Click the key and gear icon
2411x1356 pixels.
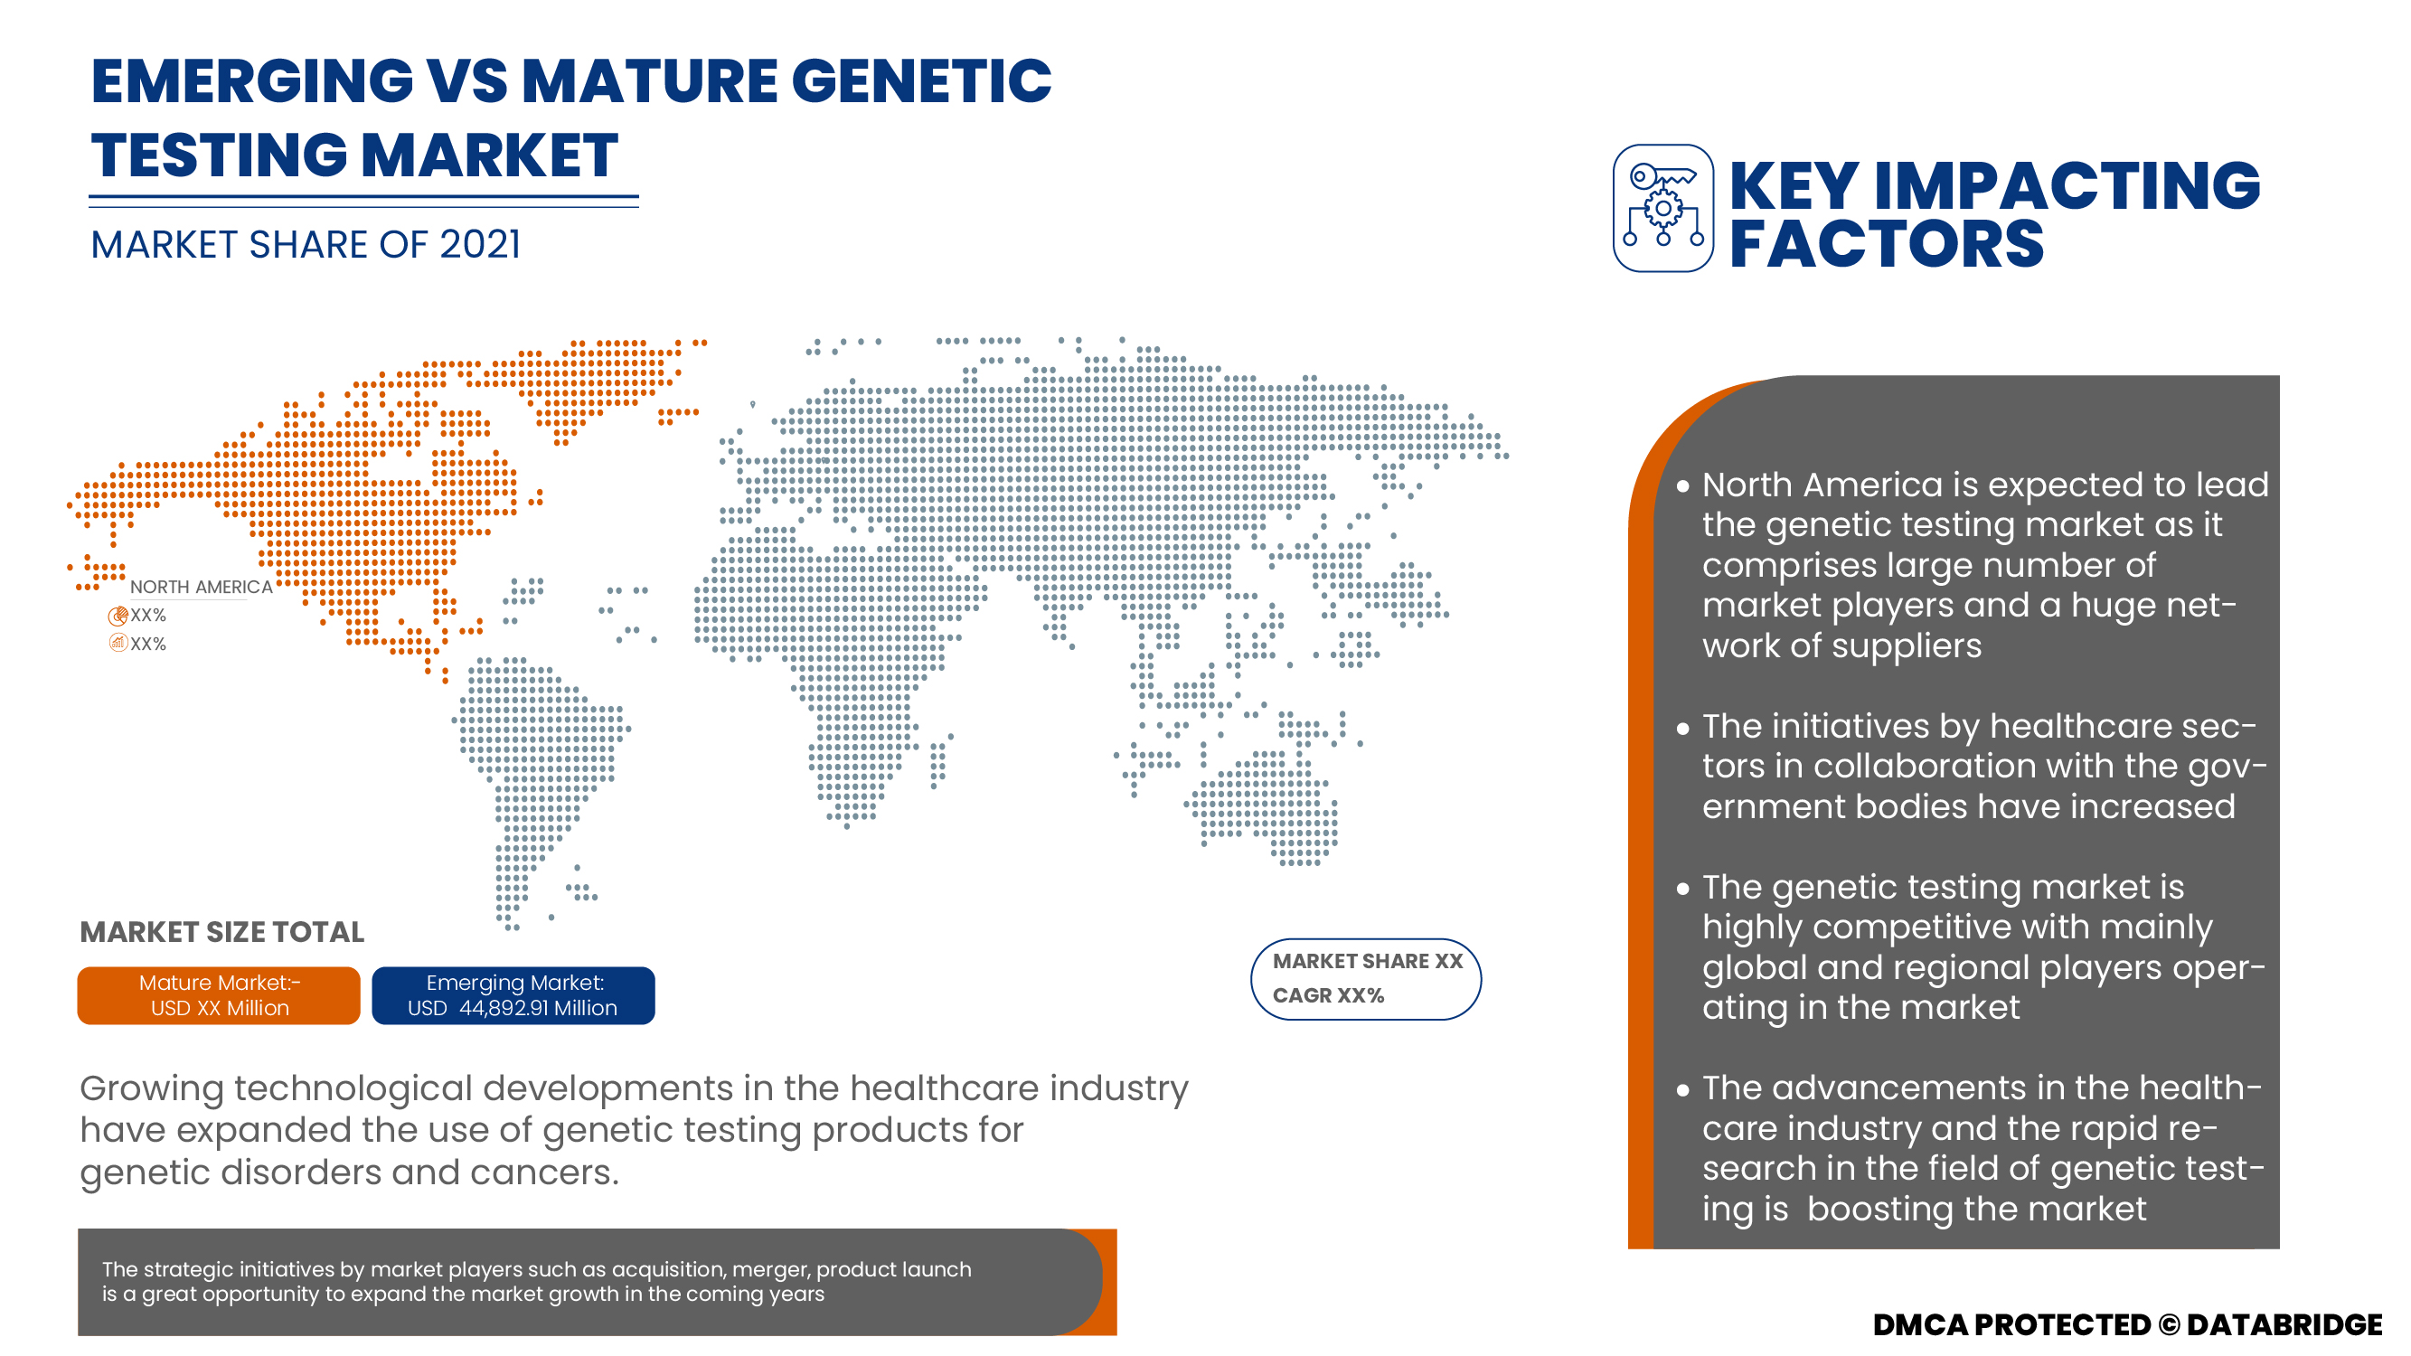(1663, 208)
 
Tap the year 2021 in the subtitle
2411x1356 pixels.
(480, 244)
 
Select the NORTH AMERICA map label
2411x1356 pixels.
(202, 587)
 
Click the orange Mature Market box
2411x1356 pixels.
(219, 994)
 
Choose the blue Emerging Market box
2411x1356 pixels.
(513, 994)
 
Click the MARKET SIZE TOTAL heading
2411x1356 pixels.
(221, 932)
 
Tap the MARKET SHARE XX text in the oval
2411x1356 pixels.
(1368, 961)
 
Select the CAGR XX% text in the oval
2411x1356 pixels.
(1328, 994)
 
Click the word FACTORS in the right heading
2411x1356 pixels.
(1886, 244)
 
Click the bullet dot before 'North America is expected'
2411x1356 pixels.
(1683, 485)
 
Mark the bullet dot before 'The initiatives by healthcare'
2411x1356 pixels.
(1683, 727)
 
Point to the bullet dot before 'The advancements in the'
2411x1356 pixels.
(1683, 1089)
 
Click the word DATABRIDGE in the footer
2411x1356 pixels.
(2284, 1324)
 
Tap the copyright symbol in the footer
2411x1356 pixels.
(2169, 1324)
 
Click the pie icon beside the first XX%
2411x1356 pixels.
(118, 616)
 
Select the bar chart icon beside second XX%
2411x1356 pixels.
(118, 643)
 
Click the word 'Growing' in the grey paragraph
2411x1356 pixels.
(152, 1090)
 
